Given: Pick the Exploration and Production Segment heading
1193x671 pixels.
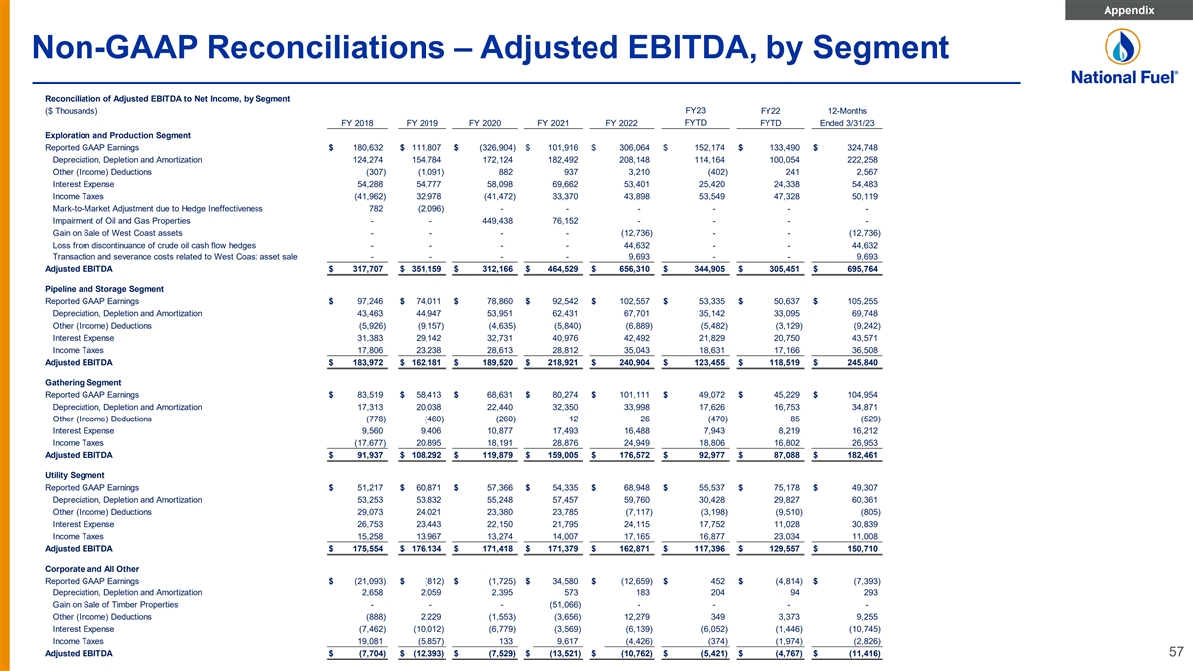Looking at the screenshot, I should (x=117, y=135).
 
